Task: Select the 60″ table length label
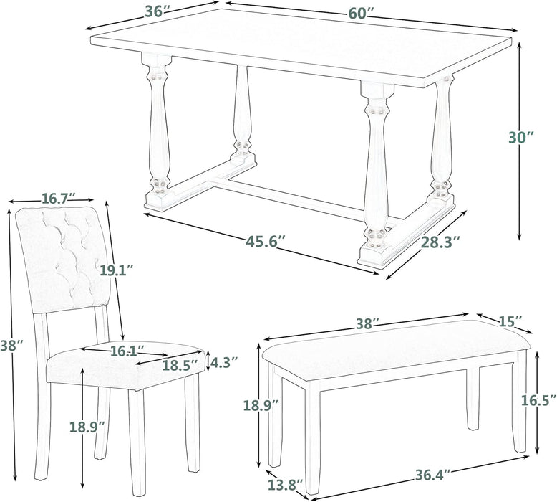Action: click(x=362, y=14)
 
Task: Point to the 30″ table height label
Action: click(x=521, y=137)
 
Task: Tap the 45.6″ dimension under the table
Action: click(x=266, y=242)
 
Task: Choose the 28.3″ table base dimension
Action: click(x=441, y=242)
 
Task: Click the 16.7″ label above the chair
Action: click(x=59, y=198)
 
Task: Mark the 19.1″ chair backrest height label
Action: click(x=116, y=270)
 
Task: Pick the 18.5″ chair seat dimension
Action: click(x=180, y=365)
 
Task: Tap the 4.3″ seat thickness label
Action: click(x=224, y=362)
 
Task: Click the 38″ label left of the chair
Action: click(x=11, y=345)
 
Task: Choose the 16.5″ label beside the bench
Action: click(x=539, y=400)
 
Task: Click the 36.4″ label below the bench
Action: click(x=433, y=475)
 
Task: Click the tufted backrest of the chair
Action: click(x=64, y=259)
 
